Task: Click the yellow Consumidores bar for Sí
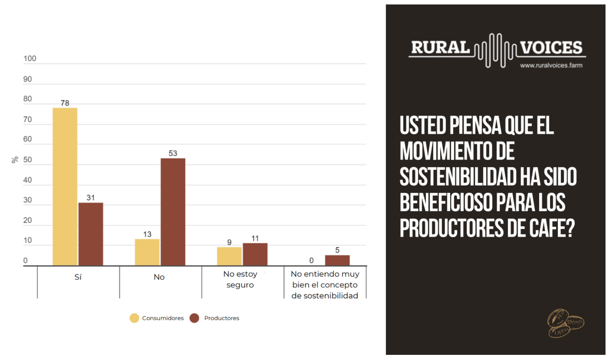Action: pos(65,187)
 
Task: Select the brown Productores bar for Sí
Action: pos(91,234)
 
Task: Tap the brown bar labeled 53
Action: pos(173,212)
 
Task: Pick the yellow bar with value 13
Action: pos(147,252)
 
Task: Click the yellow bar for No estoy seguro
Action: pos(229,256)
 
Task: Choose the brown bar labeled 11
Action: pos(255,254)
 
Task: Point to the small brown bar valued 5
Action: pos(337,260)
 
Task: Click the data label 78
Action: pos(65,103)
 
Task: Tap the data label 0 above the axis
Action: pos(311,261)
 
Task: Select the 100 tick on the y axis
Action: pos(30,59)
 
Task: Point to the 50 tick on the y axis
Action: pos(27,160)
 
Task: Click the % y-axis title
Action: pos(15,160)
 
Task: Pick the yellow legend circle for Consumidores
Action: pos(134,318)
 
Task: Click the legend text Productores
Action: pos(221,318)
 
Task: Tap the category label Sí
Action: pos(78,277)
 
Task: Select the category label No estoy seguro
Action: pos(240,279)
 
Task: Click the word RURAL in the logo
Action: pos(440,48)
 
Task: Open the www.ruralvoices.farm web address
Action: pos(551,65)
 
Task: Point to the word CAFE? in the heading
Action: pos(552,228)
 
